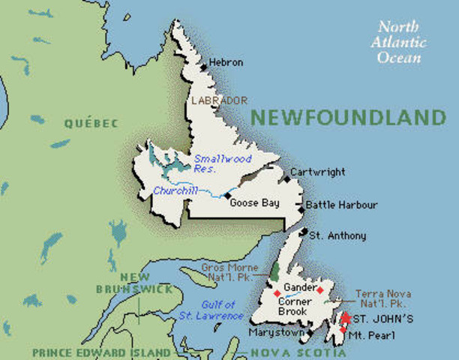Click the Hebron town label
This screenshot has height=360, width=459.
point(226,62)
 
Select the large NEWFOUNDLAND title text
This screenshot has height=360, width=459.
point(348,117)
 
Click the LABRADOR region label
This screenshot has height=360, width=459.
point(219,100)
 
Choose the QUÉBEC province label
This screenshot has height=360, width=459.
point(91,123)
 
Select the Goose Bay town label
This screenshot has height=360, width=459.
point(254,202)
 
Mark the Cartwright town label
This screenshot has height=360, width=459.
point(318,172)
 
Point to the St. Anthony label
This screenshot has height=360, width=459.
point(337,235)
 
